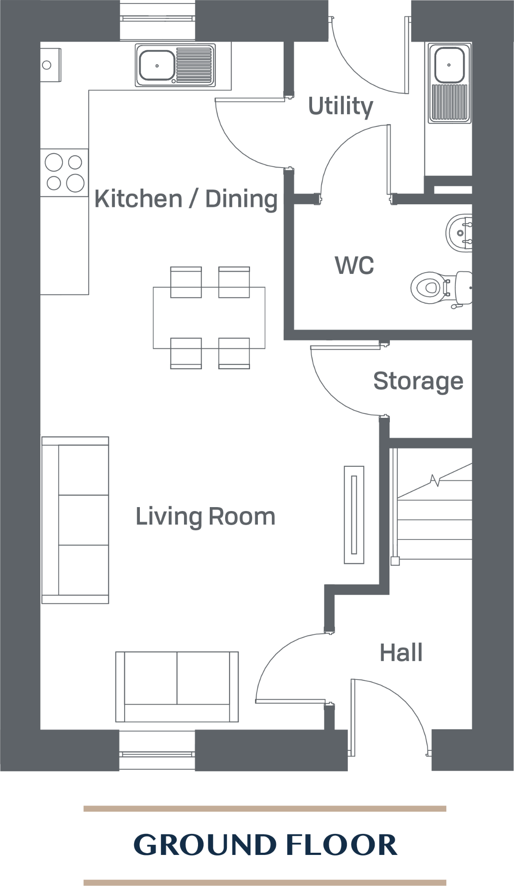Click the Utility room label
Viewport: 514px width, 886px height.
340,106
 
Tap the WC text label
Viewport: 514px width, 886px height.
354,265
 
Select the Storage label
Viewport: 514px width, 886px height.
418,381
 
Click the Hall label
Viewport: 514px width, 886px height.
401,652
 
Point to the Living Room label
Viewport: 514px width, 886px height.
205,516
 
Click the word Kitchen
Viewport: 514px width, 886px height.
138,199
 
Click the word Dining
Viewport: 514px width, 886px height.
241,199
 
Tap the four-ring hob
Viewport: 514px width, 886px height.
64,172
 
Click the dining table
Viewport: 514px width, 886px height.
209,318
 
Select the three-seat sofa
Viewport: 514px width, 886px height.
75,520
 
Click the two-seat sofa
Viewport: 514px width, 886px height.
177,686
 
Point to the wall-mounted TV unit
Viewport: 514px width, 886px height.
354,515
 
